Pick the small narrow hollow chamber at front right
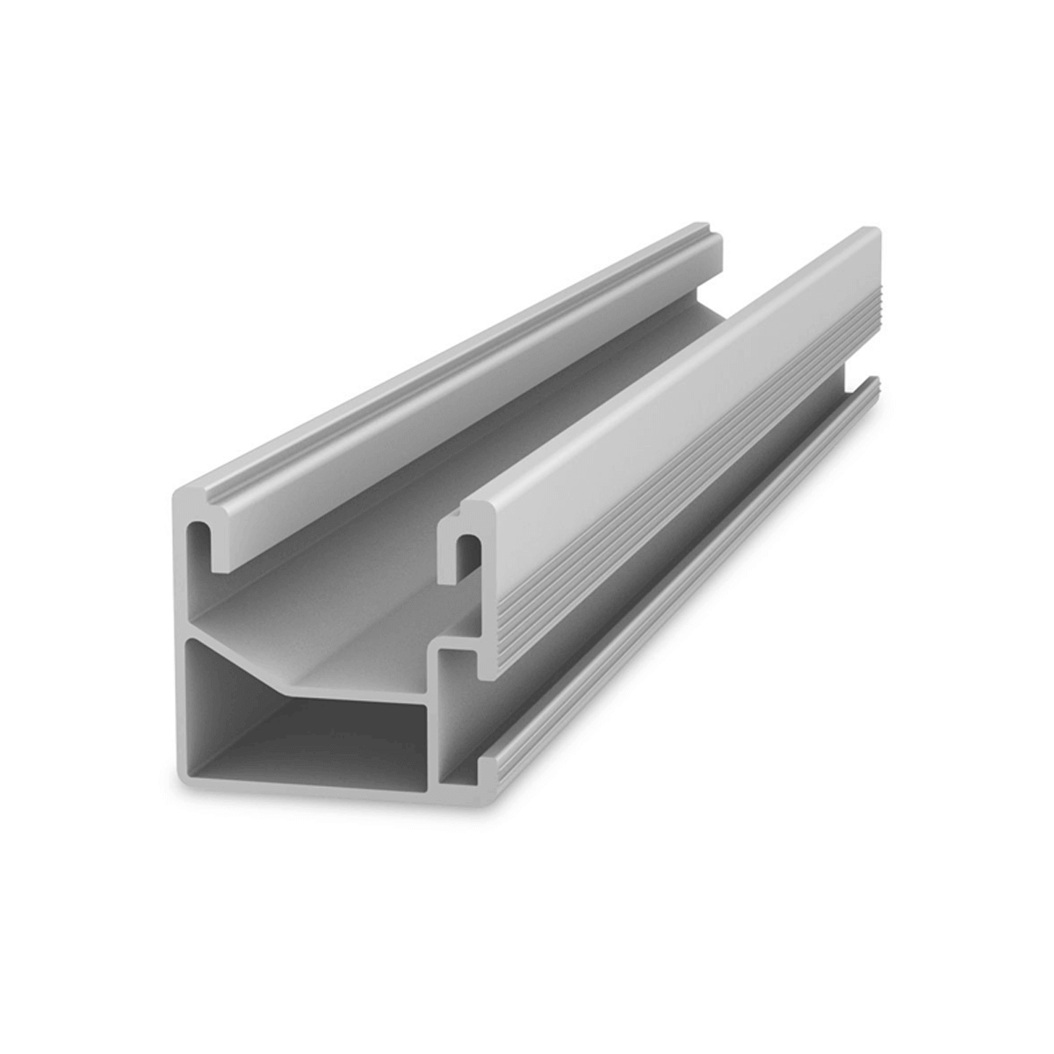point(458,711)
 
